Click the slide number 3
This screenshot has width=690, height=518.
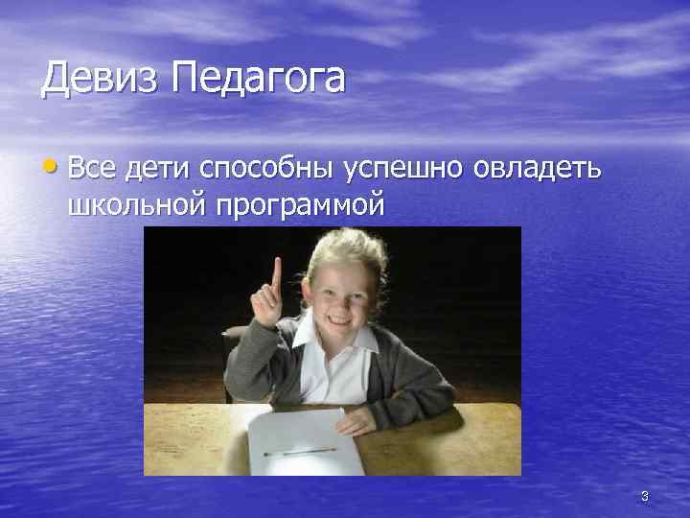click(644, 496)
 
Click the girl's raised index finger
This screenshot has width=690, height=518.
click(277, 272)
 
